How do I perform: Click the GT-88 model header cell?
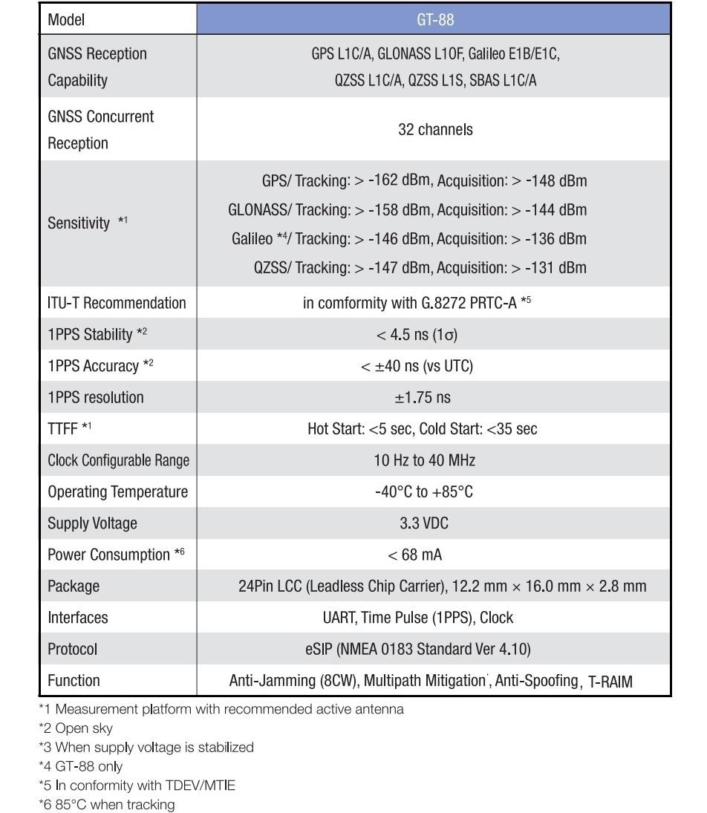point(434,20)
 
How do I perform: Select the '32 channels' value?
point(434,129)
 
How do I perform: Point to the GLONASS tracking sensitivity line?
point(407,210)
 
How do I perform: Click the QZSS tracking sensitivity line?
point(420,267)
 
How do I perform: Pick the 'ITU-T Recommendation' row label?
point(117,303)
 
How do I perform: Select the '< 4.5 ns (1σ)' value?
point(417,335)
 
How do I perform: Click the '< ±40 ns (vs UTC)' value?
point(417,366)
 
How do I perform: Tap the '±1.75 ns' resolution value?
point(422,397)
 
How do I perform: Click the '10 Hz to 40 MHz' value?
point(424,460)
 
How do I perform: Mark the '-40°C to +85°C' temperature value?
point(423,492)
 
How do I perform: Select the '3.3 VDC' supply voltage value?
point(423,523)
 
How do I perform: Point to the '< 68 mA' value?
point(414,555)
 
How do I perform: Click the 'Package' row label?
point(73,587)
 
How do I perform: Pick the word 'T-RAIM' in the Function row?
point(610,682)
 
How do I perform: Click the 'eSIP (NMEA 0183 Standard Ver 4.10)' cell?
point(417,649)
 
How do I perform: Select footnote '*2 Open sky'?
point(76,728)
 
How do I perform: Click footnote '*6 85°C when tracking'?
point(106,805)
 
